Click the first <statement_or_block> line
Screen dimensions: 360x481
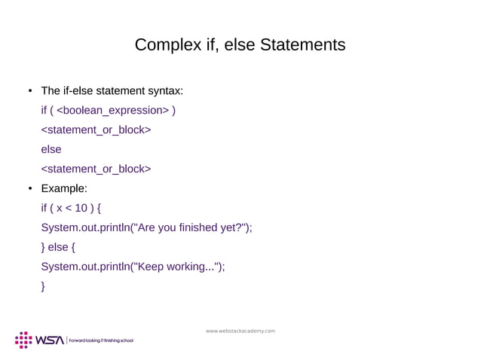tap(95, 130)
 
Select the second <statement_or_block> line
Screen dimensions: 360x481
tap(95, 169)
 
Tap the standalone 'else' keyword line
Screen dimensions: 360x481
tap(51, 150)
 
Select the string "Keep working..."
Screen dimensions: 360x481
tap(176, 266)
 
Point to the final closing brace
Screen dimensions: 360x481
tap(43, 285)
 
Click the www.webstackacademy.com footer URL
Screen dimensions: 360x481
tap(240, 331)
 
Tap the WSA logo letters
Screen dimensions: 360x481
tap(50, 340)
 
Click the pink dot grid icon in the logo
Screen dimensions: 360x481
tap(23, 339)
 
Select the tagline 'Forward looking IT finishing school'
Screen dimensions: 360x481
tap(100, 341)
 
